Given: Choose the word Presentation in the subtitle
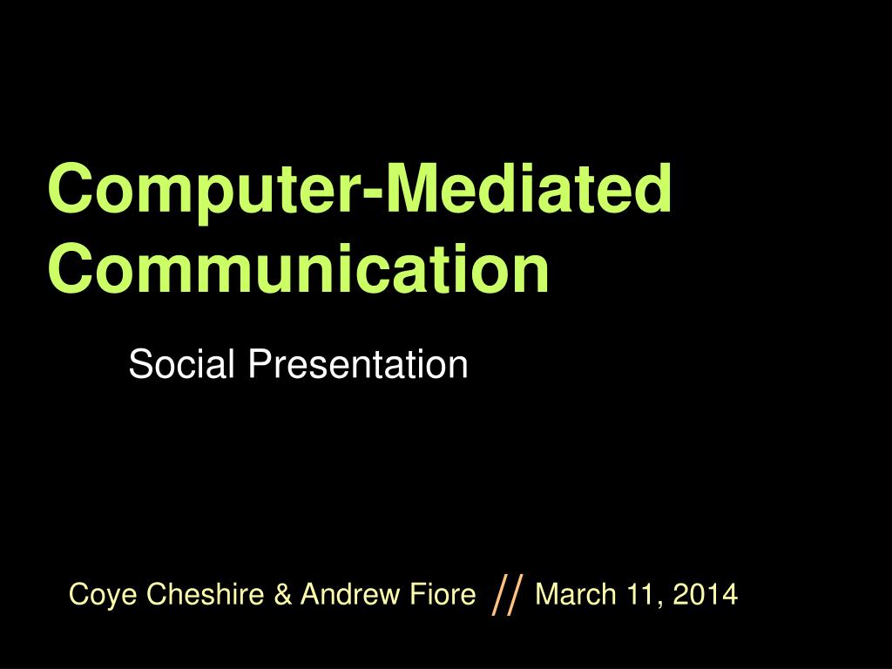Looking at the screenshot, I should [357, 364].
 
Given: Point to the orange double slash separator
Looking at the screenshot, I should [507, 596].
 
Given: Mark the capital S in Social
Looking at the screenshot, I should [139, 364].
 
